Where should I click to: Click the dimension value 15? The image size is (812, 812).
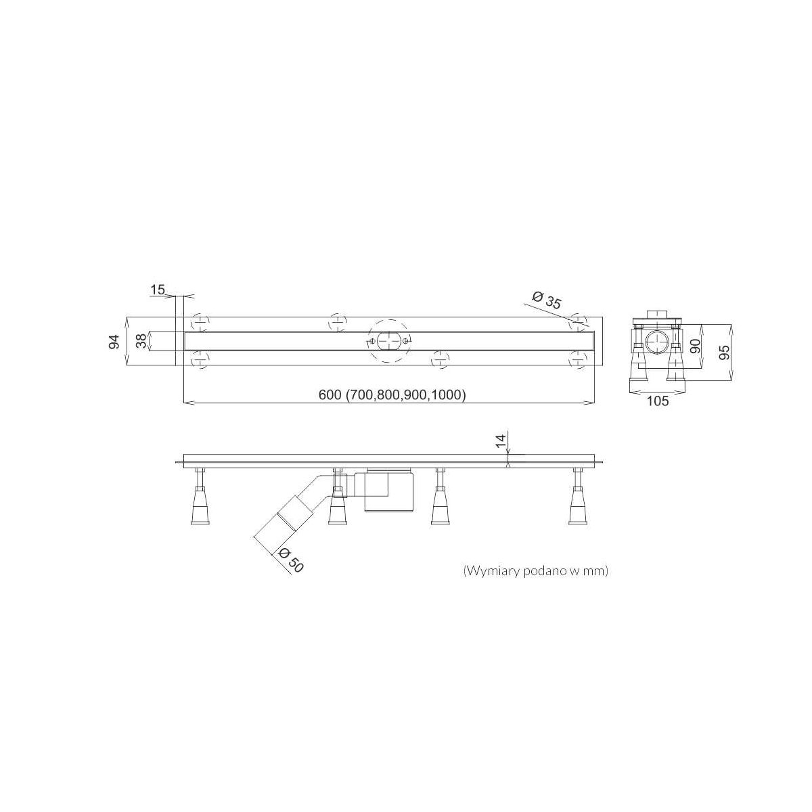pos(158,290)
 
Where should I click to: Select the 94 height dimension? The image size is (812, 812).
pos(114,341)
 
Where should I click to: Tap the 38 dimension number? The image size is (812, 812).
pos(142,340)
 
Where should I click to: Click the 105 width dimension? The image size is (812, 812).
pos(657,401)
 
